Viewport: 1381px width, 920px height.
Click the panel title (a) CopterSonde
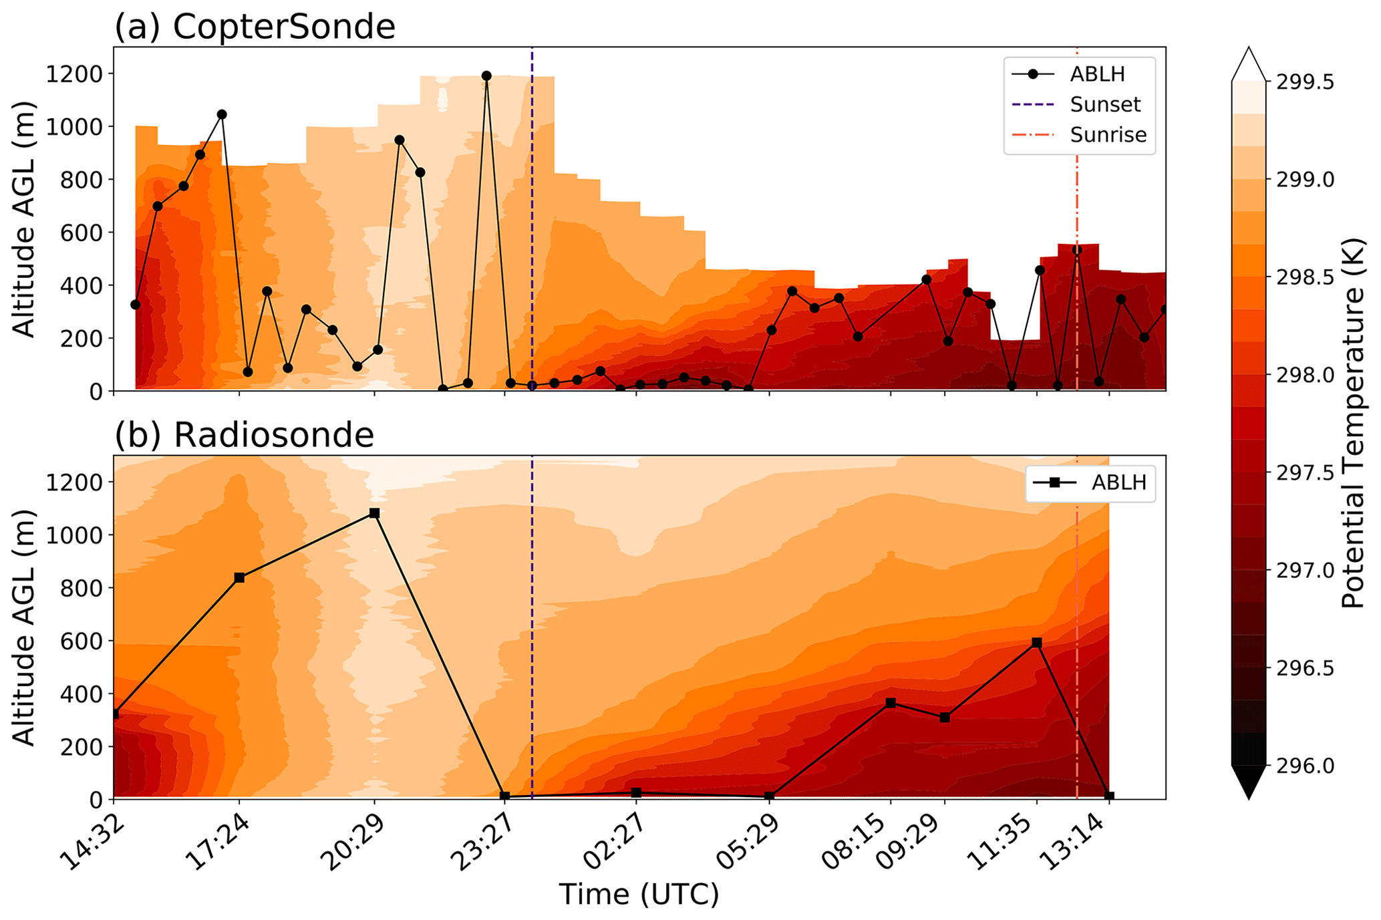coord(255,27)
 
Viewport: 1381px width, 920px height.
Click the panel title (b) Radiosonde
coord(245,435)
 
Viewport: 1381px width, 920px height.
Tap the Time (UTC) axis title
coord(639,894)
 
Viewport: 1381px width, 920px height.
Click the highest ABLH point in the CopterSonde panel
coord(486,76)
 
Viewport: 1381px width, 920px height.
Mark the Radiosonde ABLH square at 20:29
coord(375,513)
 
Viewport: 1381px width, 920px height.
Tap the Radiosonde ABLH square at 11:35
coord(1037,643)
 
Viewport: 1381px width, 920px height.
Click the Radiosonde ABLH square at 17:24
coord(240,578)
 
